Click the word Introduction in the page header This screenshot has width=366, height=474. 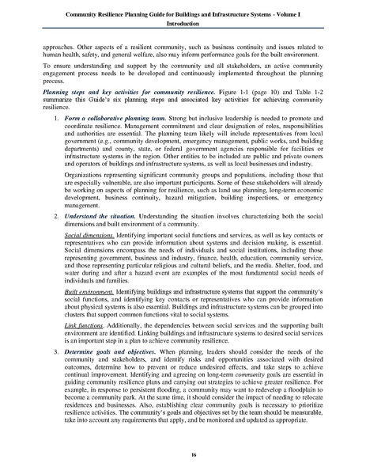183,24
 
